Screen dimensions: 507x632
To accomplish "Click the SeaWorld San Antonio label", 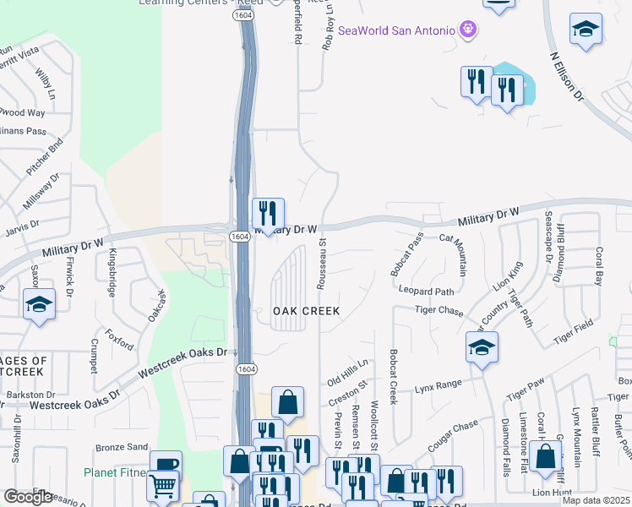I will [397, 31].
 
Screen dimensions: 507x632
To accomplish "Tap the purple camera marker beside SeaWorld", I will [469, 31].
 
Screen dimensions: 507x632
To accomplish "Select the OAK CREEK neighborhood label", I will [306, 311].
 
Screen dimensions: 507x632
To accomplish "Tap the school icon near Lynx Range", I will [482, 347].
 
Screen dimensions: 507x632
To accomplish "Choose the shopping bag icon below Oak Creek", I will [287, 404].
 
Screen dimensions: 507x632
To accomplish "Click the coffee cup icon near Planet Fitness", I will [166, 465].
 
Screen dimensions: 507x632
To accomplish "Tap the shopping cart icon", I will [163, 485].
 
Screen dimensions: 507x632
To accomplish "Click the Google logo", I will [28, 497].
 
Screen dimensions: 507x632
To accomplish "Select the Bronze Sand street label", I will [122, 446].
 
